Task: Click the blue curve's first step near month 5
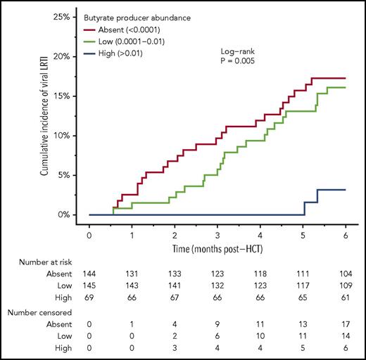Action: (304, 208)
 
